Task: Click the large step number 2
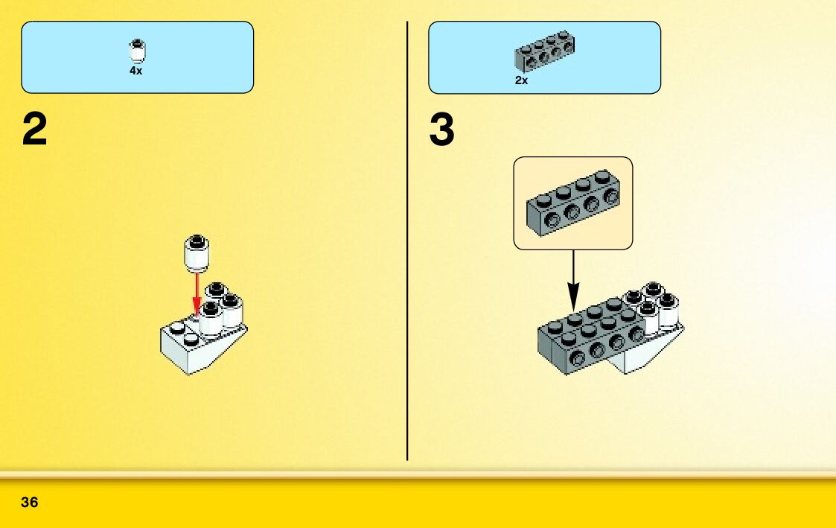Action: click(35, 130)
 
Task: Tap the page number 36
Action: click(30, 502)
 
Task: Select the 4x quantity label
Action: click(135, 71)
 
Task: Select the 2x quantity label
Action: click(521, 80)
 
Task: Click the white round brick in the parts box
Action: click(136, 51)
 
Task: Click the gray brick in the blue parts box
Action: click(544, 51)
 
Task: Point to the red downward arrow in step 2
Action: click(197, 295)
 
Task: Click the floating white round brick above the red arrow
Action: click(197, 253)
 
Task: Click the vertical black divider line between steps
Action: click(407, 238)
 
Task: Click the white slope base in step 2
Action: click(194, 350)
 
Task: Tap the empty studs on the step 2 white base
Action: click(184, 332)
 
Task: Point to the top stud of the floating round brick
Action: click(197, 241)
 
